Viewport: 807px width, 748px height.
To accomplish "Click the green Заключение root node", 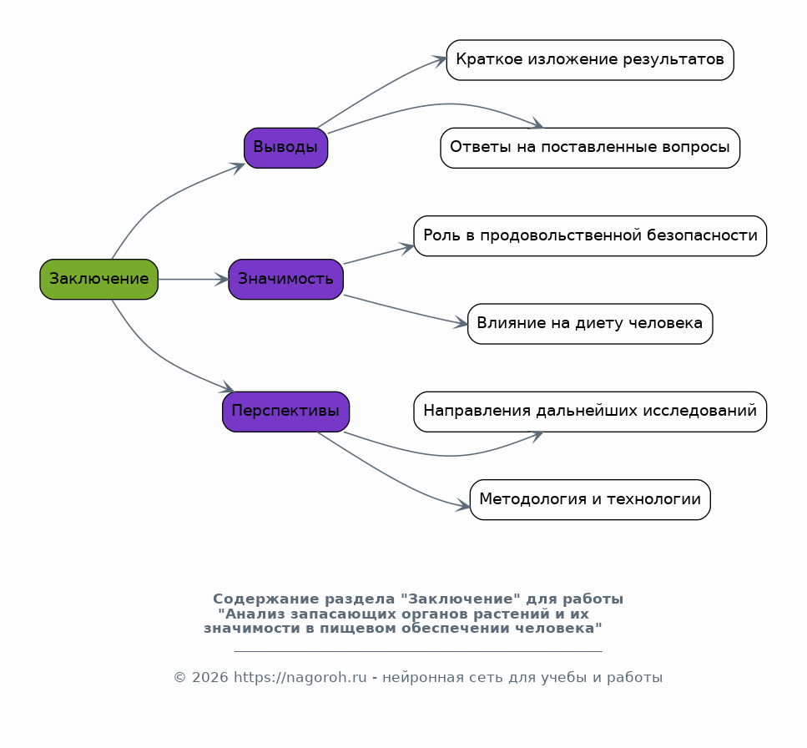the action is pos(98,279).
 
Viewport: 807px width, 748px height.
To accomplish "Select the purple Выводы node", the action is pos(285,148).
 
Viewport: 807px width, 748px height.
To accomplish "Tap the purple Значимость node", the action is pos(285,279).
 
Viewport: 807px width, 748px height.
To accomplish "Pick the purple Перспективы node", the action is pos(285,412).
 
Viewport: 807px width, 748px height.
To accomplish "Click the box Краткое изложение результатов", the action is pos(590,60).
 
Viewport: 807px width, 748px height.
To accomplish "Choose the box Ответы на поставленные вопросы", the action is pos(590,148).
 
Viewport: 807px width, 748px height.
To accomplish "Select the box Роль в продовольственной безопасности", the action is pos(590,235).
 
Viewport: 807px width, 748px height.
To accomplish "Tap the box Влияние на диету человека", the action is pos(590,324).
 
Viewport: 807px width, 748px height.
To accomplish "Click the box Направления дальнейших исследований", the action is pos(590,412).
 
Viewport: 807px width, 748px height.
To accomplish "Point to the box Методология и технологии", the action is pos(590,499).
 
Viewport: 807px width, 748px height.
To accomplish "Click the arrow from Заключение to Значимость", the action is pos(193,279).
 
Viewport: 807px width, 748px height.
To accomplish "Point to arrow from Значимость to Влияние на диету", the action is pos(405,311).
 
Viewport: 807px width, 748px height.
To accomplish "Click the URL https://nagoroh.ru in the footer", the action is pos(300,677).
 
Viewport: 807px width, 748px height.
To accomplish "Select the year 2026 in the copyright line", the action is pos(210,677).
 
